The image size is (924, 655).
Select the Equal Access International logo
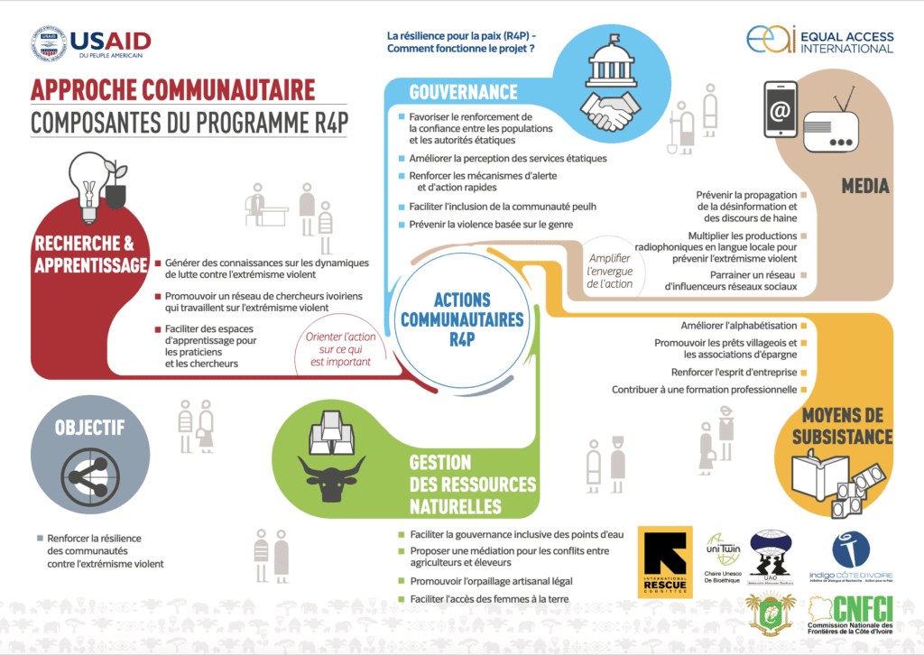[x=820, y=41]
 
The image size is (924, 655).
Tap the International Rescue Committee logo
[x=665, y=561]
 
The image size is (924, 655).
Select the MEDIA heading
[x=864, y=186]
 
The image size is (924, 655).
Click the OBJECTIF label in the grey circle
[x=88, y=428]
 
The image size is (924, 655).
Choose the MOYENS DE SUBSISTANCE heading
[x=842, y=428]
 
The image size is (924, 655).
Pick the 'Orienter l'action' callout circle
[x=330, y=347]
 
